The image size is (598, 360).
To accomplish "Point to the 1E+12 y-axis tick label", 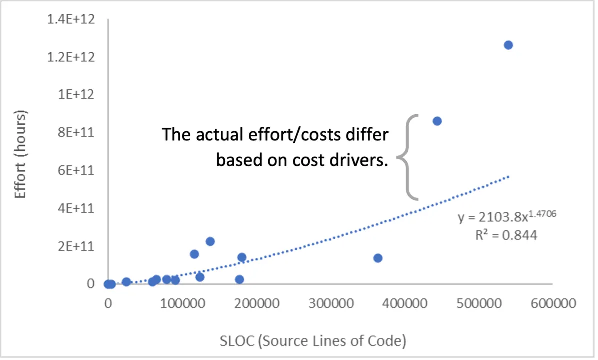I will point(78,95).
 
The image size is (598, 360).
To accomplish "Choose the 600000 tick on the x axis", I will point(552,303).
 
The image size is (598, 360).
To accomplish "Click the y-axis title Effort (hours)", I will point(20,155).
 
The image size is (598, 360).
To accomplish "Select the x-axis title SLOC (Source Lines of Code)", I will point(313,341).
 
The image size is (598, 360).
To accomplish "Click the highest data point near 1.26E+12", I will point(508,45).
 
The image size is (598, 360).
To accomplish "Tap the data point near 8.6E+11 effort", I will point(437,121).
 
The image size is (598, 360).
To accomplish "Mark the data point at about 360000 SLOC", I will point(378,258).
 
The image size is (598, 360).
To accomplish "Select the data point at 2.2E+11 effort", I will point(210,241).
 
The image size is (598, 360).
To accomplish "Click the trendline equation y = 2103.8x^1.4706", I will point(507,217).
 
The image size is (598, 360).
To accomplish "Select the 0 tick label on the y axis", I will point(90,284).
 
